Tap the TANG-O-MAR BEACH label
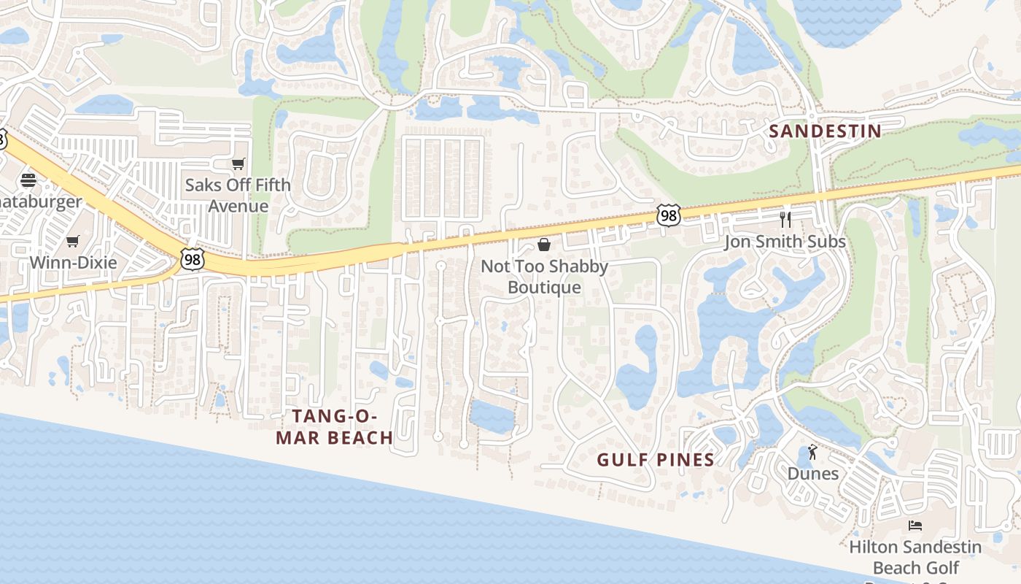(342, 427)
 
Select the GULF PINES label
(655, 460)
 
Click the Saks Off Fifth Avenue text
(238, 196)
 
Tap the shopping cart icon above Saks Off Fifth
(238, 164)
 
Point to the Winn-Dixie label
(73, 262)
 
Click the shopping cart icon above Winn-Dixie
(72, 241)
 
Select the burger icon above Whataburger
(28, 180)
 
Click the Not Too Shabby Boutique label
(544, 277)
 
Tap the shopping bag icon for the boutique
(544, 244)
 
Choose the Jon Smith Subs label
(785, 242)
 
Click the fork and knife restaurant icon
(785, 219)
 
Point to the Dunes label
(812, 474)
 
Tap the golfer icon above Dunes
(812, 453)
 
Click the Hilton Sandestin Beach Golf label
(915, 557)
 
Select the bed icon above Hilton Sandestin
(915, 526)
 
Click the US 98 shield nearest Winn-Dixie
(193, 259)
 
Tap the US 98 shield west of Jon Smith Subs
(668, 215)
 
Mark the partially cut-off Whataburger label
(40, 202)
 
